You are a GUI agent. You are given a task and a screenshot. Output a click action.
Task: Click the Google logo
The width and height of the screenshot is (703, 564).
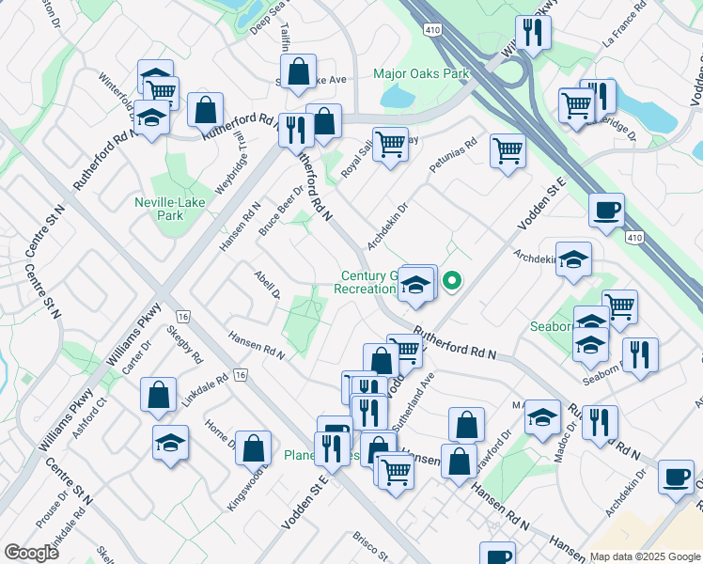31,552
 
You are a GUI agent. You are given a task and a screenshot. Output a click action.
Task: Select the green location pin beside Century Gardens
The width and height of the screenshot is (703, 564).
452,280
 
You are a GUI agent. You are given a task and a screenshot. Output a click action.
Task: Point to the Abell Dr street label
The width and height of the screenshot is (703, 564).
267,284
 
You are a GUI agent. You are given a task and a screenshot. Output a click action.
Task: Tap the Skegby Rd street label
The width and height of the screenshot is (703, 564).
184,345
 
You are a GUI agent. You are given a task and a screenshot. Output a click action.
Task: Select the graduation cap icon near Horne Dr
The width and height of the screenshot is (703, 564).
170,442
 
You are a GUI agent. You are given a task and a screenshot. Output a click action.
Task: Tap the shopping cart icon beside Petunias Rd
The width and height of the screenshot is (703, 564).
508,149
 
